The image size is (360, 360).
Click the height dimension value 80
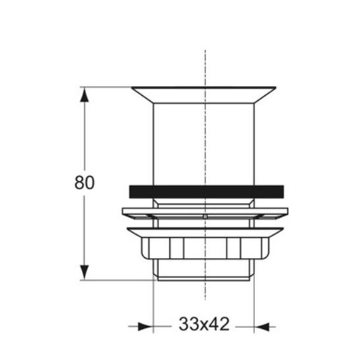click(85, 183)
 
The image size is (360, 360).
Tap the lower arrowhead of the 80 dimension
click(84, 271)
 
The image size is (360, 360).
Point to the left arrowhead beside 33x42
click(145, 325)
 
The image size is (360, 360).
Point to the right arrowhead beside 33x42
click(261, 325)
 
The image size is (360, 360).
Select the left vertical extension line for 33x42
click(153, 302)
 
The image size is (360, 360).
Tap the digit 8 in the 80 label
click(79, 183)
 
